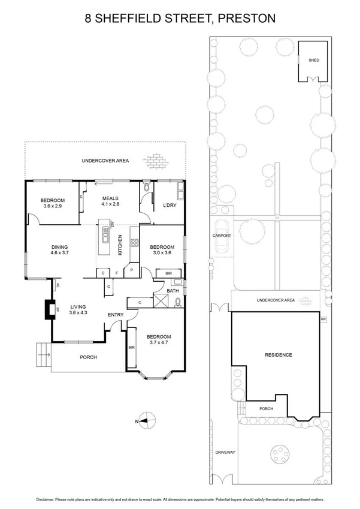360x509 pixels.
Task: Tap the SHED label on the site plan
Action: pyautogui.click(x=313, y=61)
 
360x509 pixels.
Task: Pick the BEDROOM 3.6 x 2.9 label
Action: pyautogui.click(x=52, y=203)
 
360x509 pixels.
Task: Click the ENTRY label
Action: pyautogui.click(x=116, y=315)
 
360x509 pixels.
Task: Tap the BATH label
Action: pyautogui.click(x=173, y=291)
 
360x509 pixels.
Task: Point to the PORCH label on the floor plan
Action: pyautogui.click(x=89, y=357)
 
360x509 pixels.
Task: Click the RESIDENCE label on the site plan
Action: pyautogui.click(x=278, y=355)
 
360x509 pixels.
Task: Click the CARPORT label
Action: pyautogui.click(x=222, y=236)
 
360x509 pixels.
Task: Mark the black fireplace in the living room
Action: pyautogui.click(x=48, y=309)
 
